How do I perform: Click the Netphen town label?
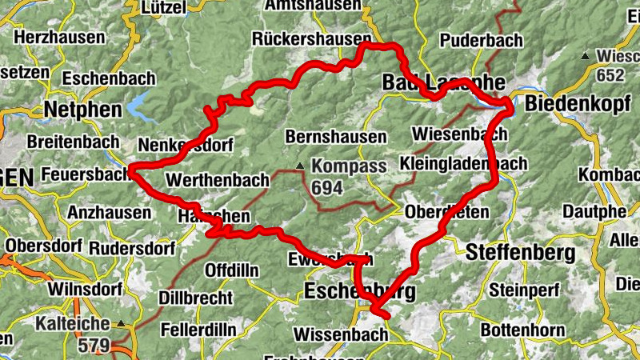tap(83, 109)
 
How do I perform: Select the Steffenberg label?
tap(520, 253)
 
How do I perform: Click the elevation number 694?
tap(327, 187)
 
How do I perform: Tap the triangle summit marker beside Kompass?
tap(299, 166)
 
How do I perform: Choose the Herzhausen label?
tap(59, 38)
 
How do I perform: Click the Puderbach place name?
tap(481, 40)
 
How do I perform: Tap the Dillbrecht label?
tap(196, 298)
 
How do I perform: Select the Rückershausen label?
tap(311, 38)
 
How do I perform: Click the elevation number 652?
tap(609, 75)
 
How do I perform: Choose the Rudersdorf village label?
tap(132, 249)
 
